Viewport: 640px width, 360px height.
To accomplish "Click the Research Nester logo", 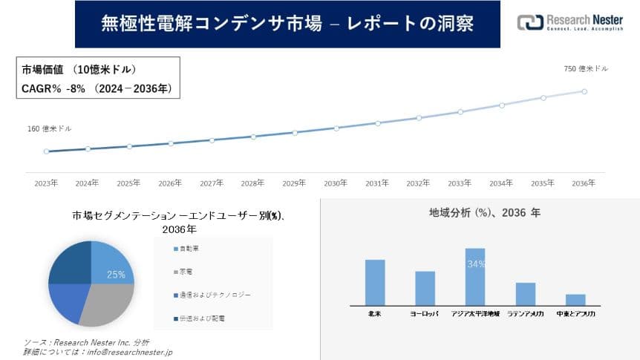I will coord(571,22).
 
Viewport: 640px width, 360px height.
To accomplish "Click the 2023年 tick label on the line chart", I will coord(46,182).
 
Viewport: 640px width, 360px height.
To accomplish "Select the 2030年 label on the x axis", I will coord(336,182).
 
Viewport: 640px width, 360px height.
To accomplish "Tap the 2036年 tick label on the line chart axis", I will coord(584,182).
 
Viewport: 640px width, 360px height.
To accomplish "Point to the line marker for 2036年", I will coord(584,91).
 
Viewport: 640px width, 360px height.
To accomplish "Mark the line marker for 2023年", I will coord(46,151).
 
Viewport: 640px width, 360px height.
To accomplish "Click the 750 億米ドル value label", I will coord(587,68).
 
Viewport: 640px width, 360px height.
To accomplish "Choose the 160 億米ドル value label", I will coord(50,128).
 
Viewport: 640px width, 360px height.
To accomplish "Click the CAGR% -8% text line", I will coord(97,89).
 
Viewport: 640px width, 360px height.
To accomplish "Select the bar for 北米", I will coord(375,282).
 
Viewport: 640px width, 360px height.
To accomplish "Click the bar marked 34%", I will coord(475,276).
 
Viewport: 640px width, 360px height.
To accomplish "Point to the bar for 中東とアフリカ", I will coord(575,299).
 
